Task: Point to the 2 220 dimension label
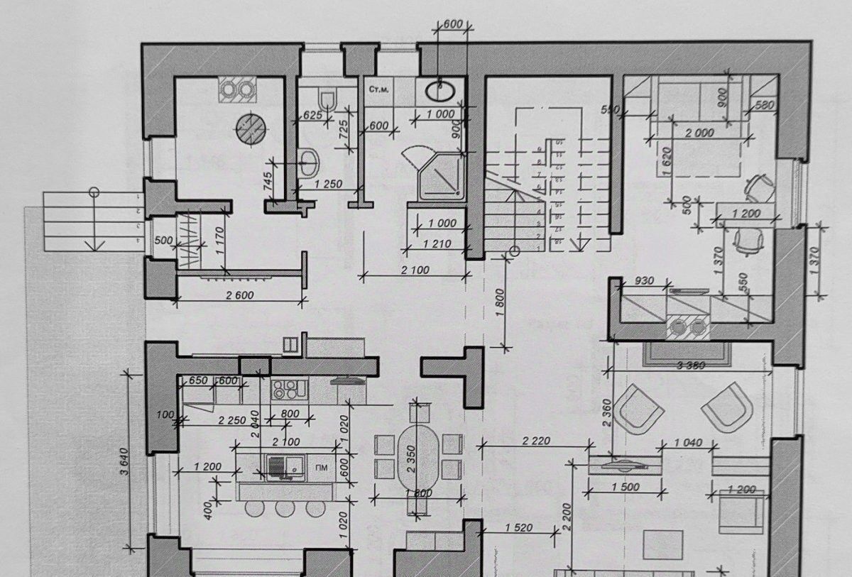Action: click(x=535, y=441)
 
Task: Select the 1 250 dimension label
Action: click(x=327, y=185)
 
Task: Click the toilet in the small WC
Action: click(x=327, y=99)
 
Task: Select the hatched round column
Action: click(x=252, y=128)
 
